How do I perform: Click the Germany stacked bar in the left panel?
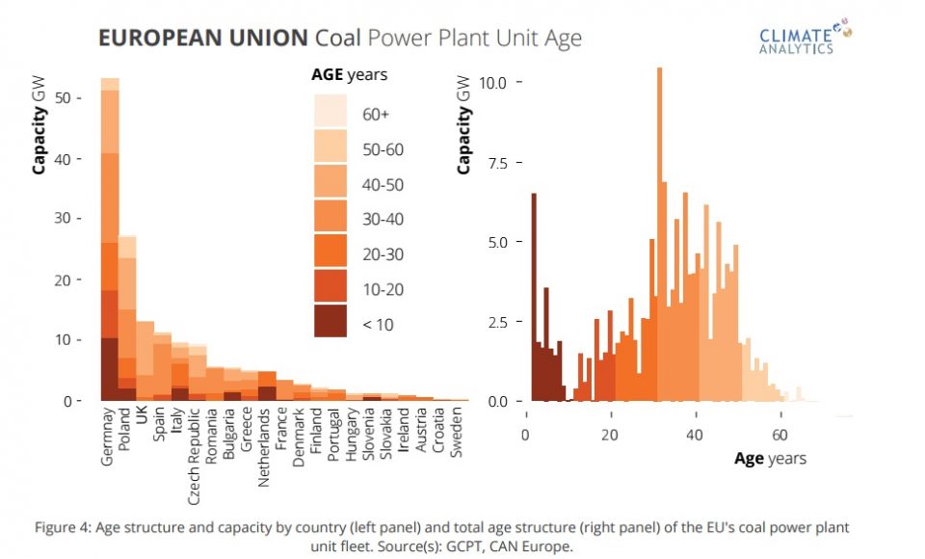tap(110, 241)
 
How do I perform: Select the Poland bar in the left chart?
tap(127, 318)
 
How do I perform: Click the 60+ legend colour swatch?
tap(330, 114)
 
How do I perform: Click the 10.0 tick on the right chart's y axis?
tap(495, 82)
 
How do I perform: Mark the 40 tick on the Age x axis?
tap(695, 434)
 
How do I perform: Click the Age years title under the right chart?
tap(770, 459)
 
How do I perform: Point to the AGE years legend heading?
tap(349, 74)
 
